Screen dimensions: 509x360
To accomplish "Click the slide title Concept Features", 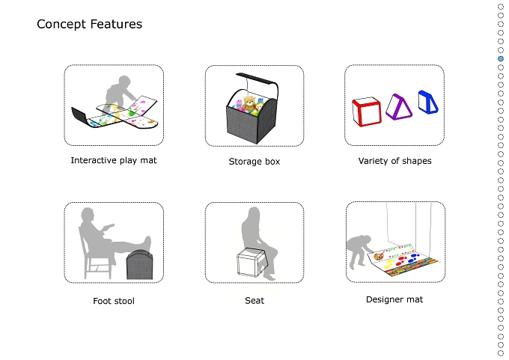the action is click(x=89, y=25).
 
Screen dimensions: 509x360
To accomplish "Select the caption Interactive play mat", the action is click(x=114, y=160).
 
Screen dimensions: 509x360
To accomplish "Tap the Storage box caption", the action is click(x=254, y=162).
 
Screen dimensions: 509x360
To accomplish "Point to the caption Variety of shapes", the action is click(x=394, y=161).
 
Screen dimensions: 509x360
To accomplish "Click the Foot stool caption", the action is click(x=114, y=301).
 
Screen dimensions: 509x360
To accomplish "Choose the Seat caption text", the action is click(x=254, y=301).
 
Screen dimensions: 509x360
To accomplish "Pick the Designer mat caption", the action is click(x=394, y=299).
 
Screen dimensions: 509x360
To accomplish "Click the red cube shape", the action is click(x=366, y=112).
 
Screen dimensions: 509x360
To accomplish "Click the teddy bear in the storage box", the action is click(x=249, y=104).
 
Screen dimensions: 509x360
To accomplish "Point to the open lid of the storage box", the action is click(x=257, y=79).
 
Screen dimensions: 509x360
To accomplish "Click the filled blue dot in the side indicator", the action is click(x=501, y=59).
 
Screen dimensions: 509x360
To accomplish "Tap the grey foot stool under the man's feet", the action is click(x=139, y=264).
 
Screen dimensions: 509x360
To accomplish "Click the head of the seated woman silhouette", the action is click(x=253, y=214).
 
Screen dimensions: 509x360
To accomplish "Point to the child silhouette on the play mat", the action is click(x=121, y=90).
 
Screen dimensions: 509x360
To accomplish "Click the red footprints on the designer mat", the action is click(x=401, y=260).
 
